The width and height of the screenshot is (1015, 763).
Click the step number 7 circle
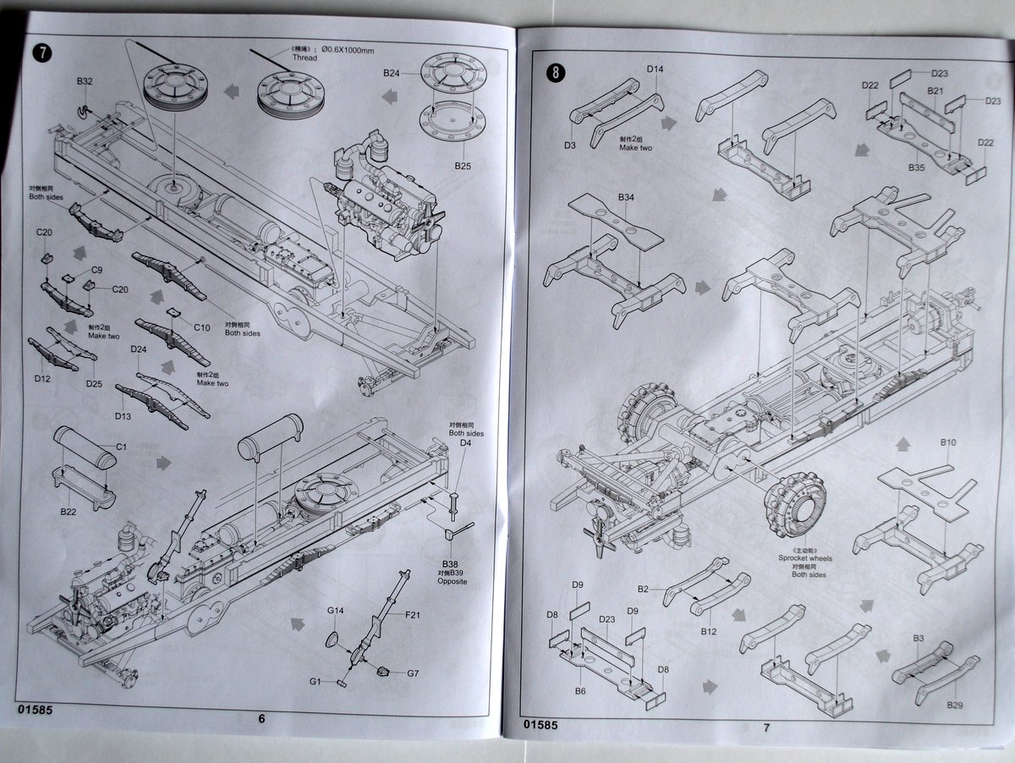[41, 52]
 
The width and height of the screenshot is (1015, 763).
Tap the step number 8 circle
[554, 72]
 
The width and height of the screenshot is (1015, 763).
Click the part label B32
[84, 81]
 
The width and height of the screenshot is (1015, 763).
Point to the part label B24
[391, 74]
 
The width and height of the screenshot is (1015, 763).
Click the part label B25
[461, 166]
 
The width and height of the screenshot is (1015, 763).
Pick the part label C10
[201, 327]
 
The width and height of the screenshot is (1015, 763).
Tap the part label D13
[123, 416]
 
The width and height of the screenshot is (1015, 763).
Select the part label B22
[69, 512]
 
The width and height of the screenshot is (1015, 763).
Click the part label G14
[336, 610]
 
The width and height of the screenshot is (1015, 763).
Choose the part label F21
[413, 615]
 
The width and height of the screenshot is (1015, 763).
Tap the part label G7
[413, 673]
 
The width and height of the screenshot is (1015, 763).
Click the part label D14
[656, 69]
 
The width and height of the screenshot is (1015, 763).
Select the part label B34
[626, 197]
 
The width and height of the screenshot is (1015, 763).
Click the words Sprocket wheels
[803, 559]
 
